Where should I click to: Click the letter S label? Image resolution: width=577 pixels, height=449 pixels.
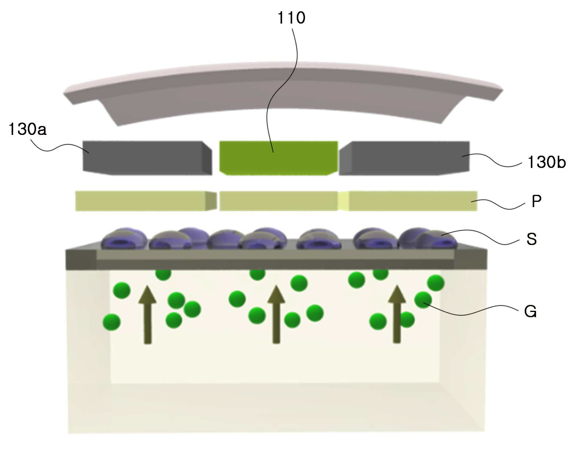(x=532, y=239)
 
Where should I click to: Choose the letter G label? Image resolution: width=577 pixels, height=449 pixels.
(x=530, y=312)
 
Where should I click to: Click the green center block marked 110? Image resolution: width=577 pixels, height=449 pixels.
(x=278, y=158)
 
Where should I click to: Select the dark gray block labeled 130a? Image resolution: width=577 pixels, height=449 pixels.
(x=147, y=158)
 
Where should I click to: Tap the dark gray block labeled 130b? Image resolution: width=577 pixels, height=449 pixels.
(x=404, y=158)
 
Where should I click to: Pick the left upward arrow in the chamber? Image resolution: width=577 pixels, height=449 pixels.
(x=147, y=314)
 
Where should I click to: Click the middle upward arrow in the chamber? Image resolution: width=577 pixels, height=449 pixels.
(x=276, y=314)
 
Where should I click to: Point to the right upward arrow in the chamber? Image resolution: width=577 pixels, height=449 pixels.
(x=397, y=314)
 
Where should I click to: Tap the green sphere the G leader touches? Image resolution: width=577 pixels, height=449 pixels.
(x=423, y=300)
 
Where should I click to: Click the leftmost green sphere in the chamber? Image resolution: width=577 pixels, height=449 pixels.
(x=112, y=322)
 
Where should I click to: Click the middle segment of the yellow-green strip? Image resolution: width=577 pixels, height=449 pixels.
(x=279, y=201)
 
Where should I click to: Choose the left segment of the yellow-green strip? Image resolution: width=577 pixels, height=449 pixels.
(x=146, y=201)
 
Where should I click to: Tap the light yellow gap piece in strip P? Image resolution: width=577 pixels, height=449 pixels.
(x=344, y=201)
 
